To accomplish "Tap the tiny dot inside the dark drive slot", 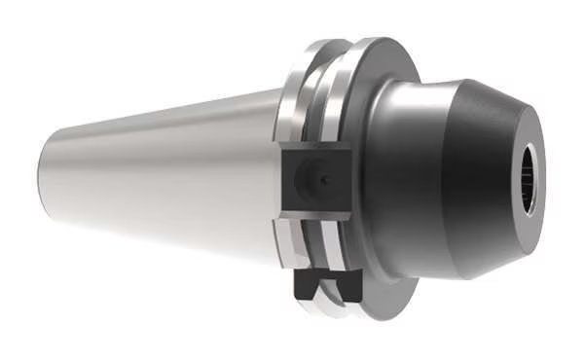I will point(324,181).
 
